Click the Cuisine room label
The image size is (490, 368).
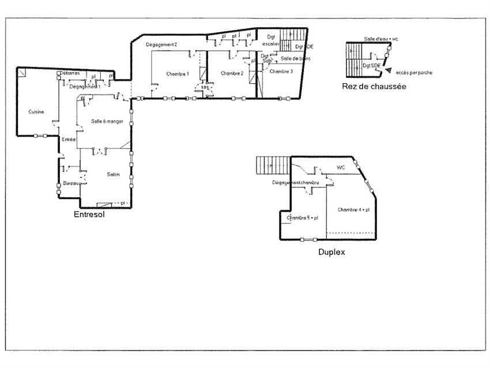click(36, 112)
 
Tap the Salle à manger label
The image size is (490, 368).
click(107, 121)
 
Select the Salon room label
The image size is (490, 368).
click(113, 175)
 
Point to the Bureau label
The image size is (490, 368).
click(71, 183)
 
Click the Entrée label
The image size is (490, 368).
click(69, 139)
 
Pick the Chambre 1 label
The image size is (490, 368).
click(177, 74)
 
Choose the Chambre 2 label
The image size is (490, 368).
click(232, 73)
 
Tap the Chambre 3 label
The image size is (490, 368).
click(281, 72)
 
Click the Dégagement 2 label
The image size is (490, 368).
click(161, 44)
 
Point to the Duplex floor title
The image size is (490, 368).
click(331, 252)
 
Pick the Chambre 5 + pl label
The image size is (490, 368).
click(303, 217)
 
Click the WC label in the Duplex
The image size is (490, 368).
click(341, 168)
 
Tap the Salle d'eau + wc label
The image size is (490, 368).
click(381, 39)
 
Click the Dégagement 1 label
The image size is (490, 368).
click(85, 87)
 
